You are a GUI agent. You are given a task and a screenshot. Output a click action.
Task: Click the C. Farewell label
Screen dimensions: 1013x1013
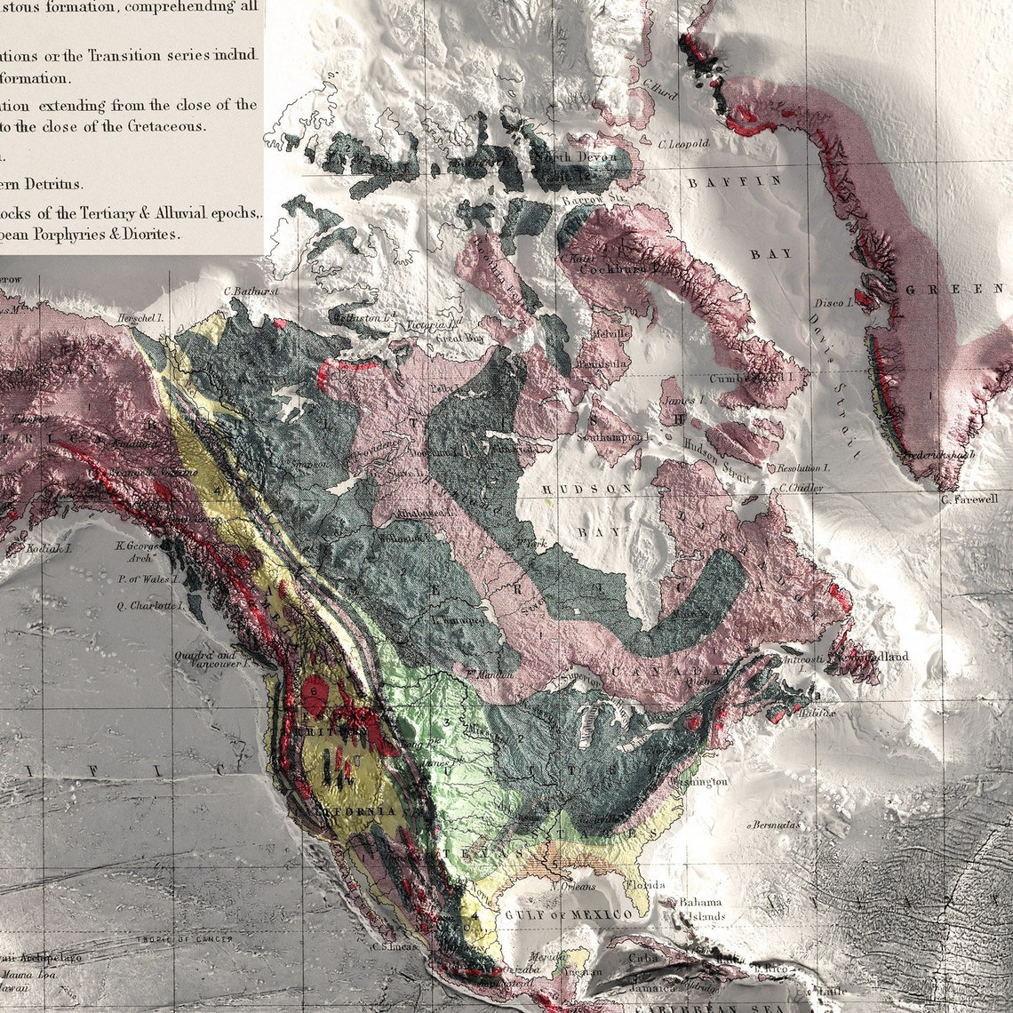969,499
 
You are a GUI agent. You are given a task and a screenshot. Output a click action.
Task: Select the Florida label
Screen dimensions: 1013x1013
644,886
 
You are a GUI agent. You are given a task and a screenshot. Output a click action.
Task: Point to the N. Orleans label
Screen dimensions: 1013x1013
572,886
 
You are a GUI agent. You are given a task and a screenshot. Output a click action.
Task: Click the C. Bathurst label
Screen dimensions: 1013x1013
252,291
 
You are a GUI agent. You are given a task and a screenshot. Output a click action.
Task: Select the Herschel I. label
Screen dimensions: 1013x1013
143,317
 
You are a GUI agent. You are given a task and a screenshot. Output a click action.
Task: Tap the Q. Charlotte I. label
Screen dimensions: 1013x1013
150,606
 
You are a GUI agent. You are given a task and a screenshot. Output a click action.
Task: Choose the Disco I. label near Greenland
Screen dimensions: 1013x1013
833,303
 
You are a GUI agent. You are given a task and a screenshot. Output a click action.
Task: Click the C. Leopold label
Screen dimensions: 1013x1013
683,143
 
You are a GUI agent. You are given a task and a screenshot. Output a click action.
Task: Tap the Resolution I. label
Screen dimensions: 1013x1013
802,467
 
